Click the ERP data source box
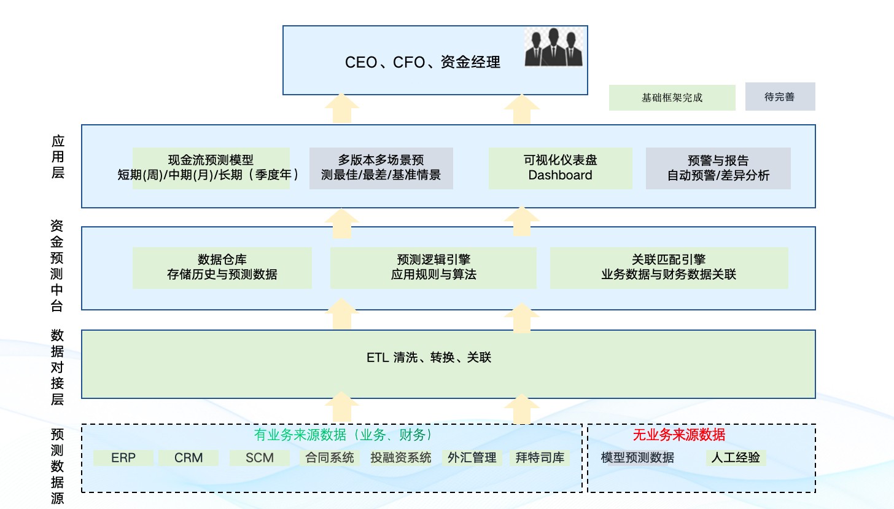click(123, 458)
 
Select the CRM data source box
click(189, 458)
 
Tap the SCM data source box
click(259, 458)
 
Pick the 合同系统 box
click(330, 458)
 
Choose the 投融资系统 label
click(401, 458)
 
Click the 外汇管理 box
click(472, 458)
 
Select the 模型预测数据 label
click(637, 458)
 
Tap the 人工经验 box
click(735, 458)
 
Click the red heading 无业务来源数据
click(679, 435)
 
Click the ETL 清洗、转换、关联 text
click(429, 357)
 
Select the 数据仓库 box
click(222, 267)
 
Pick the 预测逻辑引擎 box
click(433, 267)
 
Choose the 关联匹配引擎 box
click(669, 267)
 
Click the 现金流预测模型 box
click(211, 168)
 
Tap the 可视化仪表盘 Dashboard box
click(560, 168)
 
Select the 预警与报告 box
click(718, 168)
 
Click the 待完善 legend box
click(780, 97)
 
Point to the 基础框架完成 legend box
click(672, 98)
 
